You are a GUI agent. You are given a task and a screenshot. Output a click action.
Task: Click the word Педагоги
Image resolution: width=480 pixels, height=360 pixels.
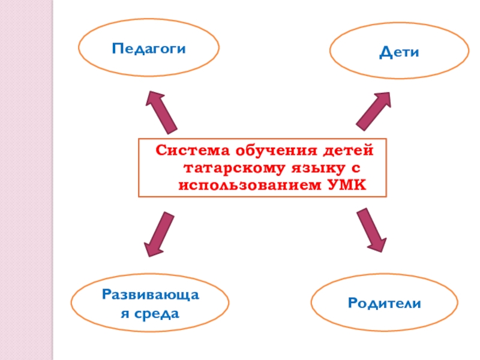click(x=148, y=49)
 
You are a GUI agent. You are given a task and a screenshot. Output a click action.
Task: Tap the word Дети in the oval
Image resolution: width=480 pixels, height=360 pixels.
click(x=398, y=53)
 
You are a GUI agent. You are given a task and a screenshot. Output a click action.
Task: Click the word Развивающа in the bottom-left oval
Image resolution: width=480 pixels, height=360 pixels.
click(x=150, y=295)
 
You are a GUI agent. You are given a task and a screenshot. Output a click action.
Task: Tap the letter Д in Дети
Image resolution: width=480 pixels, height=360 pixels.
click(x=385, y=53)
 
